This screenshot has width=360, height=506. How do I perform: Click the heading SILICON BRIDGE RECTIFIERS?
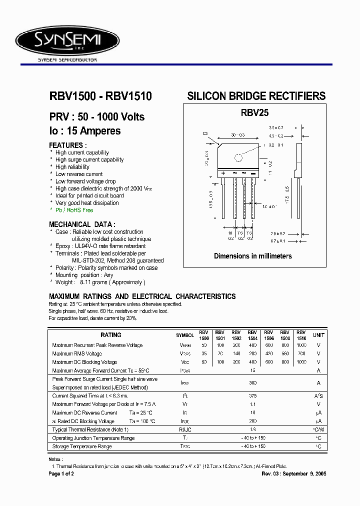[256, 96]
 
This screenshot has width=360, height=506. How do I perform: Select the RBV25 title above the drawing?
[254, 113]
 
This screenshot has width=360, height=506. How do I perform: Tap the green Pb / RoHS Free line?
[74, 210]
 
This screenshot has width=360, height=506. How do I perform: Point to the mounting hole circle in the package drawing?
[238, 158]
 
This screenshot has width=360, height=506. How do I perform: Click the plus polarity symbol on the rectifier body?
[223, 173]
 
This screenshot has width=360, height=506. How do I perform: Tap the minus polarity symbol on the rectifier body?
[252, 173]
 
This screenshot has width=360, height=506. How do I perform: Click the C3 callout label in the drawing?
[205, 133]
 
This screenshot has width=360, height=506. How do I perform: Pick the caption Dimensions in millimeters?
[253, 256]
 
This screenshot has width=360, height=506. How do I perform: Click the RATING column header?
[111, 335]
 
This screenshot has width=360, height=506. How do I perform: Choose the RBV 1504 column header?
[252, 335]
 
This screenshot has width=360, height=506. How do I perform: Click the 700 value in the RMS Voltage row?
[301, 353]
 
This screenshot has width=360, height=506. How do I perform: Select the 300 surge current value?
[252, 382]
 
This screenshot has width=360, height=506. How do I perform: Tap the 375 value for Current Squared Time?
[252, 395]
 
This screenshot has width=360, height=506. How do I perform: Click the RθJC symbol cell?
[185, 429]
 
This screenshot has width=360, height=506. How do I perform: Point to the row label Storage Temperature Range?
[82, 446]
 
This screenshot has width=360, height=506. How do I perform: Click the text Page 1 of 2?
[61, 473]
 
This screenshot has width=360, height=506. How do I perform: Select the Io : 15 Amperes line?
[85, 131]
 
